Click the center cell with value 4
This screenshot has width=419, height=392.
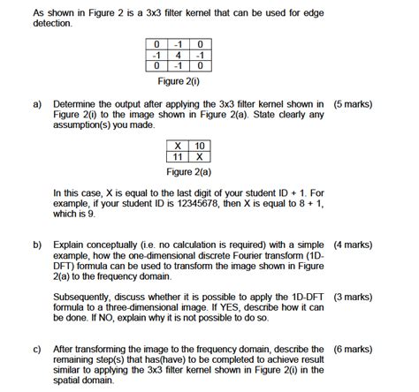[180, 54]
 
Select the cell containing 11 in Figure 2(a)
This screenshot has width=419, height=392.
[179, 156]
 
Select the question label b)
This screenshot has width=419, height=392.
[39, 243]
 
